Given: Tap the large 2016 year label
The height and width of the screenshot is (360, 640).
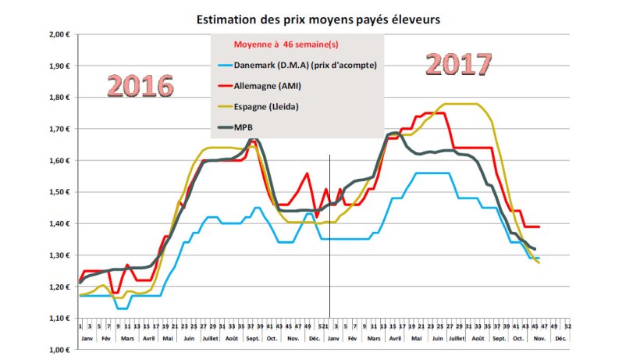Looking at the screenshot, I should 140,86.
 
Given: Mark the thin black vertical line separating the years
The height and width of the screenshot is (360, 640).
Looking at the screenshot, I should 329,234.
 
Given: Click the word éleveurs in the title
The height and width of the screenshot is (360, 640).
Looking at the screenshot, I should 422,16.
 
